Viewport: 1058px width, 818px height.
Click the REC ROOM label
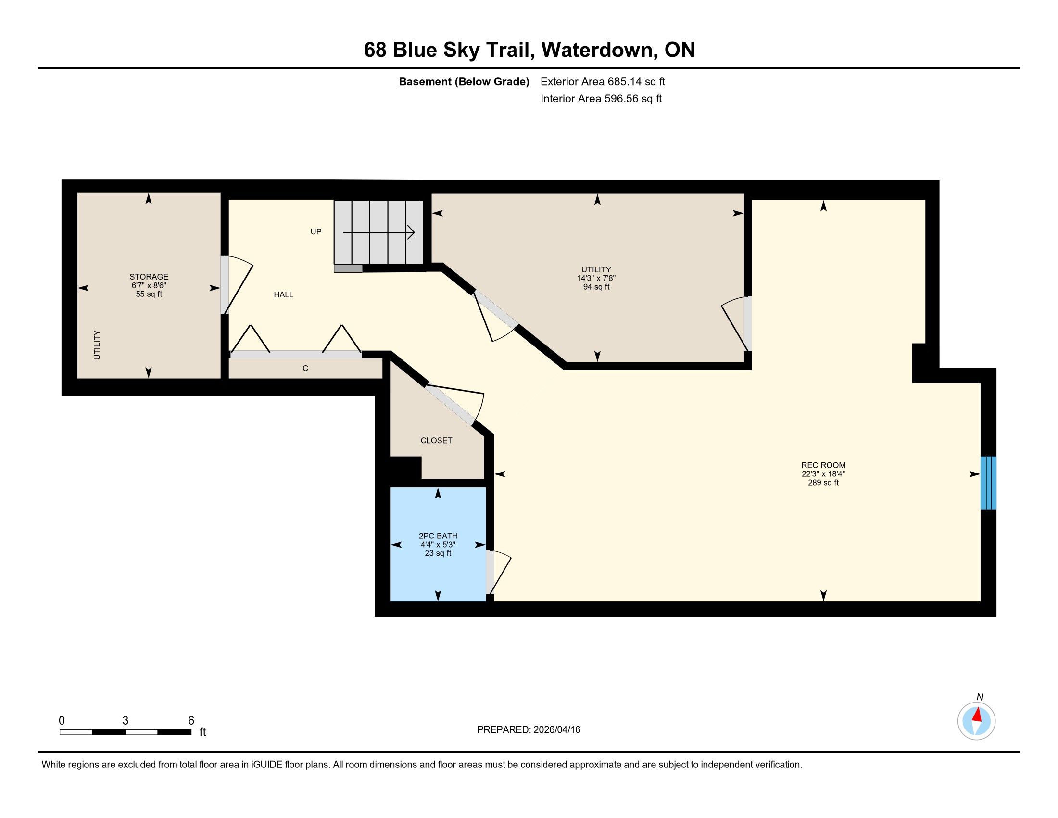(823, 465)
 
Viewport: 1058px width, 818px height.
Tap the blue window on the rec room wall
(988, 483)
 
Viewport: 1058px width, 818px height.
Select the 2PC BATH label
(438, 536)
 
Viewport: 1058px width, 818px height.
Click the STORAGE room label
(149, 277)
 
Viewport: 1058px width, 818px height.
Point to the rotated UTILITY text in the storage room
(97, 345)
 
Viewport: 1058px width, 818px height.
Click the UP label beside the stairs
(316, 231)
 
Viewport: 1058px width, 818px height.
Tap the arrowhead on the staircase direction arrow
(411, 232)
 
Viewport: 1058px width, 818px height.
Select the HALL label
(283, 294)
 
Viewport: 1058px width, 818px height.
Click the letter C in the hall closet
(305, 368)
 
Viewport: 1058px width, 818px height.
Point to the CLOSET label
(437, 440)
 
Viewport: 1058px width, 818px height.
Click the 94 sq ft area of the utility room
(596, 287)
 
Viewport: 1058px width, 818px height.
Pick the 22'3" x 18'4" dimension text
(823, 474)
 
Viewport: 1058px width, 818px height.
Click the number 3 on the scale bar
(126, 721)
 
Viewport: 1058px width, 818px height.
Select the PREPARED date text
(529, 730)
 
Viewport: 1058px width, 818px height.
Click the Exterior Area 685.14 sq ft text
(603, 82)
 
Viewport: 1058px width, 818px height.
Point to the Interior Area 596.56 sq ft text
(601, 99)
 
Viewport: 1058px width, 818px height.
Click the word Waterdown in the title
(599, 50)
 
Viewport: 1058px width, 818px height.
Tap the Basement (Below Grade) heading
(464, 82)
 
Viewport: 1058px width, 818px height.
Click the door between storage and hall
(237, 285)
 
